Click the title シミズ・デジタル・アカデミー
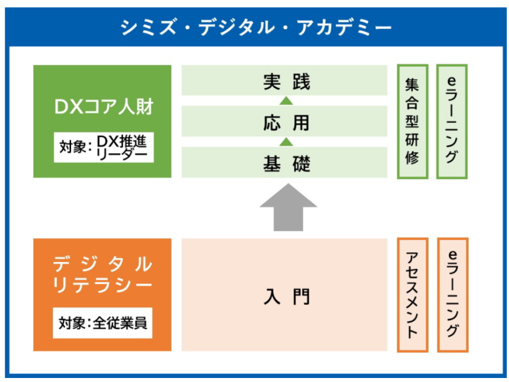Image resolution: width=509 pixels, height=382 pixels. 256,27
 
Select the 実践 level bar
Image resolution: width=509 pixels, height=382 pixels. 284,80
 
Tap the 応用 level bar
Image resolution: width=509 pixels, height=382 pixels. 284,121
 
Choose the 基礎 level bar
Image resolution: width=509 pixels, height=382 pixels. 284,162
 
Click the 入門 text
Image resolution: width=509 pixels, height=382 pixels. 287,296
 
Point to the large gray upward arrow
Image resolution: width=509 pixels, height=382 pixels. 288,207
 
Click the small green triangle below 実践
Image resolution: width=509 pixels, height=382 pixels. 286,101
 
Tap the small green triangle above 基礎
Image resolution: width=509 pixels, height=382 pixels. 286,142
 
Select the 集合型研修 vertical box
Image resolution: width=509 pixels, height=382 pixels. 413,122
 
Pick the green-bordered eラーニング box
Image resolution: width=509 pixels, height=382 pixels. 452,122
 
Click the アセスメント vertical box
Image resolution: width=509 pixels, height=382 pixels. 413,295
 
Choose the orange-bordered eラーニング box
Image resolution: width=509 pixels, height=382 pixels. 453,295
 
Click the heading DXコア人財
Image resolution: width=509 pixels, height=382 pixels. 104,107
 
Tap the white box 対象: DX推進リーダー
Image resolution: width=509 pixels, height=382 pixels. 104,147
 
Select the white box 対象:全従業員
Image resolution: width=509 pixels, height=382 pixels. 103,323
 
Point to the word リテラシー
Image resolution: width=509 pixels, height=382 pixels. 102,285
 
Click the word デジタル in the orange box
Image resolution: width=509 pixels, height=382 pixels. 102,264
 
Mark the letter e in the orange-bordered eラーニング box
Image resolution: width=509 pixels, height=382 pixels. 452,254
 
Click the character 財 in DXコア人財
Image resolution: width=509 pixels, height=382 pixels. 145,107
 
